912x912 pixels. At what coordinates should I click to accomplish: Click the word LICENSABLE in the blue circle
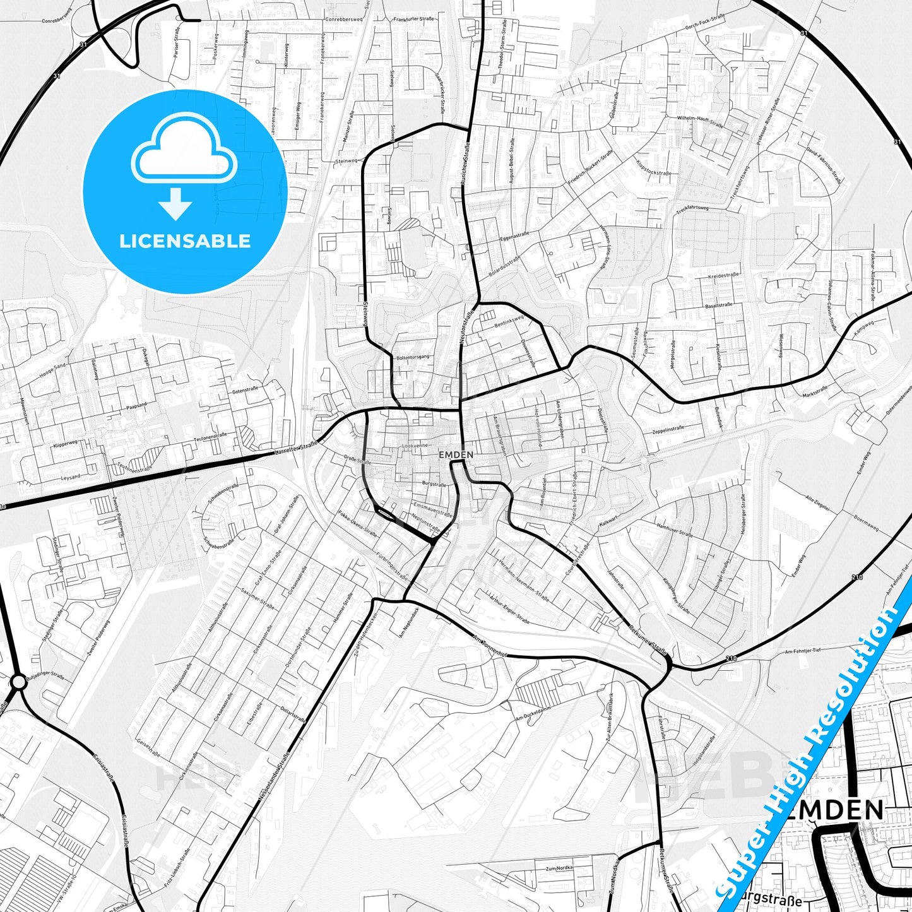185,240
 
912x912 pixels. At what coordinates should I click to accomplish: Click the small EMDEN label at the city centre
456,454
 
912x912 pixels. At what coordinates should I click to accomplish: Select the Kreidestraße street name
723,276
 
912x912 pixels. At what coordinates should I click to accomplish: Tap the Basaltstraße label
718,305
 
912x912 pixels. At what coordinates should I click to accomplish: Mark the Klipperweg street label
65,444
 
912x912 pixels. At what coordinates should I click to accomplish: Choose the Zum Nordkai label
560,868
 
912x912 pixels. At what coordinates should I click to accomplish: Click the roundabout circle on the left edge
18,682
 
